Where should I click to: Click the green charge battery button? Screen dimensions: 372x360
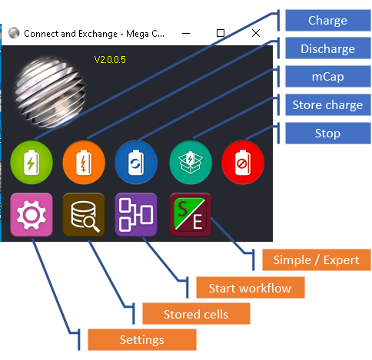(x=32, y=162)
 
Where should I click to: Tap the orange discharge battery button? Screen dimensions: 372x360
(x=84, y=162)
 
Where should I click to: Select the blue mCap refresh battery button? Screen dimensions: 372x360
(x=136, y=162)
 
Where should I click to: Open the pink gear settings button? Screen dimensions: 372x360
(x=32, y=214)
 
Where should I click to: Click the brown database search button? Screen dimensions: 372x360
(x=84, y=214)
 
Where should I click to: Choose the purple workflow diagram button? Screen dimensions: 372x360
(x=136, y=214)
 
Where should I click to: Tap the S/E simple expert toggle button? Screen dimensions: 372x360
(x=191, y=214)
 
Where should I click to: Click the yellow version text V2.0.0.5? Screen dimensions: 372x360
(x=110, y=60)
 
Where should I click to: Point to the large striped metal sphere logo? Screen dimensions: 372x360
(x=50, y=92)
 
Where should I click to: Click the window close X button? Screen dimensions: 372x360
(x=256, y=33)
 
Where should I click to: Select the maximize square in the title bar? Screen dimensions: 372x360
(x=221, y=33)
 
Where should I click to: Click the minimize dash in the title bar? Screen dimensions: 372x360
(x=186, y=33)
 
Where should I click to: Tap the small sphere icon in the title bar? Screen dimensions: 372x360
(x=14, y=33)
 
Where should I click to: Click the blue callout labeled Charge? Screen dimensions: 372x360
(x=328, y=21)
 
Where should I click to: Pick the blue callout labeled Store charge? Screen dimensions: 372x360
(x=328, y=105)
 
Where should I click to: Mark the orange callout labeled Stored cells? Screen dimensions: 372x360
(x=196, y=314)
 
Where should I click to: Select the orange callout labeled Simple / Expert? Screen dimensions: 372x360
(x=317, y=260)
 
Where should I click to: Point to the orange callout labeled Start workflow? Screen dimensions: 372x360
(x=251, y=288)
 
